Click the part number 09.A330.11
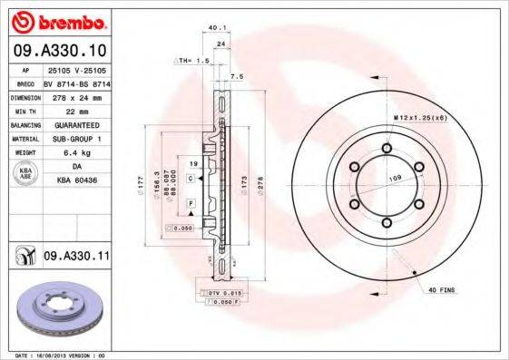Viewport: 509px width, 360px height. tap(76, 257)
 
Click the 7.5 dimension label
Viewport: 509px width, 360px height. tap(237, 78)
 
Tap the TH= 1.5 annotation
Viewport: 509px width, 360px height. tap(192, 60)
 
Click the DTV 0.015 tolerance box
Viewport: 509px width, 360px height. tap(217, 294)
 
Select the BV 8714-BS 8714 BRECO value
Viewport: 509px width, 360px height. tap(76, 83)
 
